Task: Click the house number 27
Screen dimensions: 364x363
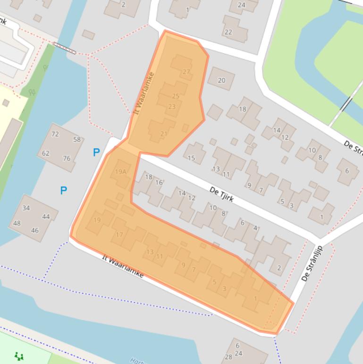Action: click(x=186, y=72)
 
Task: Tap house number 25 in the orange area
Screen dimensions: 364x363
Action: click(x=176, y=96)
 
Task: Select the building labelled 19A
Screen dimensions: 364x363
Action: click(x=121, y=172)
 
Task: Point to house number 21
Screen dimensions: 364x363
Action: click(x=164, y=134)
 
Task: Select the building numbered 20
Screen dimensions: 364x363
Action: click(x=221, y=80)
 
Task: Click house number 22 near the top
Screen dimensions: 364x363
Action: click(x=228, y=32)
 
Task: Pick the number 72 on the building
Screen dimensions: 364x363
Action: click(x=55, y=134)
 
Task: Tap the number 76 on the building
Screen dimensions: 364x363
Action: click(x=67, y=158)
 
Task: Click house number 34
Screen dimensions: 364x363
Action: click(x=26, y=208)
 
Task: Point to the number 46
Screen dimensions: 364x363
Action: click(x=35, y=231)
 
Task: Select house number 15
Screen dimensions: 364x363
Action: click(x=192, y=158)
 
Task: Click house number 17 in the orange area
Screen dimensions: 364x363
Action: click(x=119, y=235)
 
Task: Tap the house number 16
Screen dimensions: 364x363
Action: click(x=159, y=182)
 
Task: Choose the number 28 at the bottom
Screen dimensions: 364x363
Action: click(x=228, y=357)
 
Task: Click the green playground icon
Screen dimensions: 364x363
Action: click(x=19, y=356)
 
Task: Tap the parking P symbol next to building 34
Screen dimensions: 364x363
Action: click(x=63, y=191)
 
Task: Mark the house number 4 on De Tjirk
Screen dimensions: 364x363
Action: click(x=255, y=228)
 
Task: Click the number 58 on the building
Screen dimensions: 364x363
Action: click(x=77, y=139)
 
